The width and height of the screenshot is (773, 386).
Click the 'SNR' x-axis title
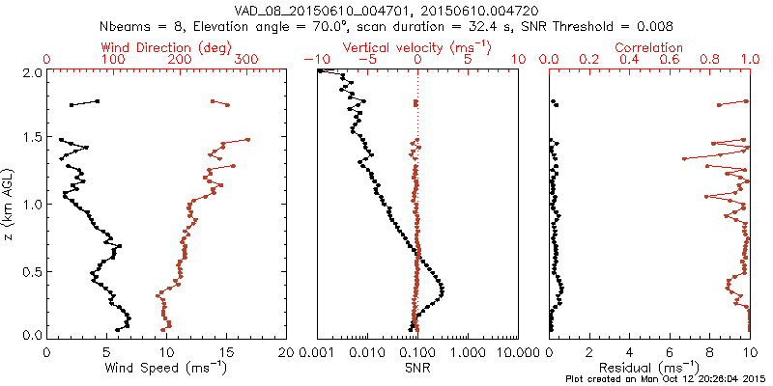click(417, 368)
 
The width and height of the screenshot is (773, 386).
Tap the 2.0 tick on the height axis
click(32, 72)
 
